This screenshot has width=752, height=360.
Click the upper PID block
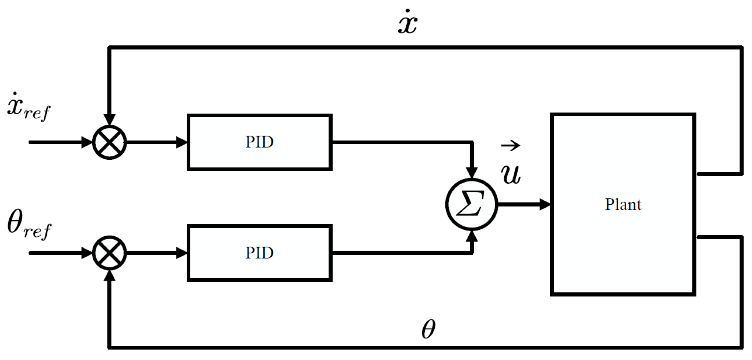point(259,142)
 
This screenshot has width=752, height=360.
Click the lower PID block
point(259,253)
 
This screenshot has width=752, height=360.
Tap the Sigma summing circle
point(471,204)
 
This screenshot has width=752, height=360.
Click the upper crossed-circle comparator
point(109,143)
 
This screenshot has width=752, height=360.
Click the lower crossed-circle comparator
point(109,253)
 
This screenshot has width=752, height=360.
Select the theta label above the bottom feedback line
point(428,329)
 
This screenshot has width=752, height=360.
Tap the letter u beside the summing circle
point(511,174)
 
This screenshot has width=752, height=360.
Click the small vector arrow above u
point(510,145)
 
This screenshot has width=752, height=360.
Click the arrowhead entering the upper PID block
point(182,143)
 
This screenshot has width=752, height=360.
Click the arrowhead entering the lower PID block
point(182,253)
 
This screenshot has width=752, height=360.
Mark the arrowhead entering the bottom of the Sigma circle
point(472,236)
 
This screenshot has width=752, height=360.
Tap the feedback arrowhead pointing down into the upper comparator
point(109,120)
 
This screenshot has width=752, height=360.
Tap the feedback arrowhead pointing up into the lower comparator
point(109,276)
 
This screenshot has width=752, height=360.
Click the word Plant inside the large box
point(623,204)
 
